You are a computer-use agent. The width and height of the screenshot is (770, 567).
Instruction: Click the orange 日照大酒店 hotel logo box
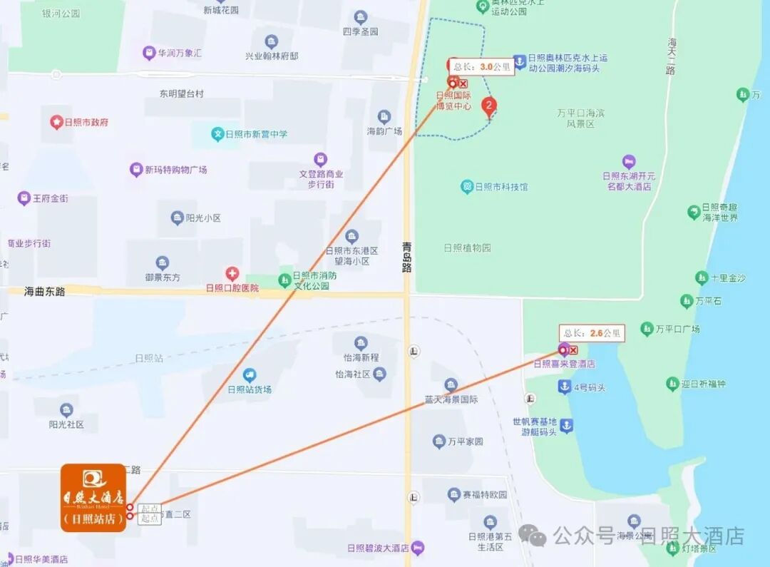pyautogui.click(x=93, y=497)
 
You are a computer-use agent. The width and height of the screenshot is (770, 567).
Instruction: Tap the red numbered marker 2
pyautogui.click(x=489, y=107)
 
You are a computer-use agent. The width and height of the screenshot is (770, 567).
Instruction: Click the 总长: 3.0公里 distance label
pyautogui.click(x=481, y=67)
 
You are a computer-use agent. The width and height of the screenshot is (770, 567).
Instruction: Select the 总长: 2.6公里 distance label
pyautogui.click(x=592, y=332)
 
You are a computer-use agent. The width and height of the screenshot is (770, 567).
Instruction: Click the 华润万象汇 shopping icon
pyautogui.click(x=148, y=53)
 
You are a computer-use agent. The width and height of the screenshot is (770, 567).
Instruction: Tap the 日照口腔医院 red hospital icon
pyautogui.click(x=232, y=274)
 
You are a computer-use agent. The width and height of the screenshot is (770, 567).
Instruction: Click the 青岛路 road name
pyautogui.click(x=407, y=257)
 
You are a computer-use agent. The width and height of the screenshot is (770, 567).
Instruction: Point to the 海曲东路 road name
pyautogui.click(x=45, y=291)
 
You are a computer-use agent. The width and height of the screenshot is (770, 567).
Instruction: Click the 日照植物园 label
pyautogui.click(x=467, y=248)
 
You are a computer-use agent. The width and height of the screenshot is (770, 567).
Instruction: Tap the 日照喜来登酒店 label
pyautogui.click(x=564, y=364)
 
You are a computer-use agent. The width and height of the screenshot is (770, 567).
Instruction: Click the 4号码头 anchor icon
pyautogui.click(x=564, y=387)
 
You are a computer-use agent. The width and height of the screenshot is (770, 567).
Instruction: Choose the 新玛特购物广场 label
pyautogui.click(x=175, y=170)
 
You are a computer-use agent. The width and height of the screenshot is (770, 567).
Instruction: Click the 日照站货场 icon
pyautogui.click(x=249, y=374)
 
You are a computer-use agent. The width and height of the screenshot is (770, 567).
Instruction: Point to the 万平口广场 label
pyautogui.click(x=677, y=329)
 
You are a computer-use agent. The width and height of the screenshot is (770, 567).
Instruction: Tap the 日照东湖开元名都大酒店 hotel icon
pyautogui.click(x=628, y=163)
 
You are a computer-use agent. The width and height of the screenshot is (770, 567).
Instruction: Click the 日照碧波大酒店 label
pyautogui.click(x=378, y=548)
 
